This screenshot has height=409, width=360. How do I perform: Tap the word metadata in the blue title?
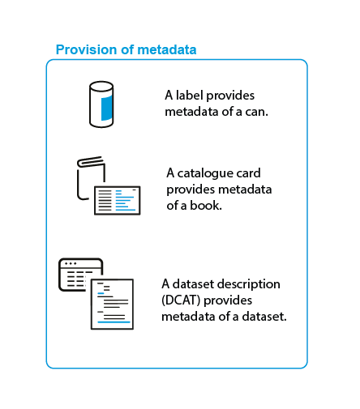tap(167, 50)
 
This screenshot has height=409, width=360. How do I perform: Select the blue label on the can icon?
tap(107, 108)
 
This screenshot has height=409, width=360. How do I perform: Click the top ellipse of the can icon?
tap(101, 87)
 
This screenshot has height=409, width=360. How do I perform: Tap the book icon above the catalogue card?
tap(91, 178)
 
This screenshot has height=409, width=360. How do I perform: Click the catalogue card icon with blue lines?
tap(118, 200)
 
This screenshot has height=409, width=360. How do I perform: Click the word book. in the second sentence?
tap(206, 206)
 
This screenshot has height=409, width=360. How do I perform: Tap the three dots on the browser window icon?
tap(71, 263)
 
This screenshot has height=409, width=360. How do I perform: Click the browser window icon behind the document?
tap(80, 275)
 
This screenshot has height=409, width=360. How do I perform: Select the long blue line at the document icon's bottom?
tap(114, 322)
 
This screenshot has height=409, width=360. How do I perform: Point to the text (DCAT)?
tap(181, 300)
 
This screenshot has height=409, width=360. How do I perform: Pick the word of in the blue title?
tap(127, 50)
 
